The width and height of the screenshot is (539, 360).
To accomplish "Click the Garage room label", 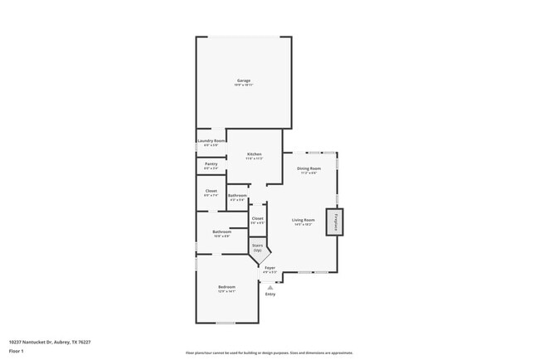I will pyautogui.click(x=244, y=80).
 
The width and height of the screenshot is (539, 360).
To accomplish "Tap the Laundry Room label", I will pyautogui.click(x=211, y=141).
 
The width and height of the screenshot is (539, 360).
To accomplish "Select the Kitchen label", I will pyautogui.click(x=255, y=155).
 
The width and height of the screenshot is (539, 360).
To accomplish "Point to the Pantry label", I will pyautogui.click(x=211, y=164).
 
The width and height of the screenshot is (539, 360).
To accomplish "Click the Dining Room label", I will pyautogui.click(x=308, y=169).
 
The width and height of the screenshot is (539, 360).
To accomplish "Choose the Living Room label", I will pyautogui.click(x=303, y=220).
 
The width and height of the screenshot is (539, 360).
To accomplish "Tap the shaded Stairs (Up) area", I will pyautogui.click(x=258, y=248).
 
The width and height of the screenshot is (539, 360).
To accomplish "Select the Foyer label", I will pyautogui.click(x=269, y=268).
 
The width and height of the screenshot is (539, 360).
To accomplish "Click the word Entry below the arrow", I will pyautogui.click(x=270, y=294).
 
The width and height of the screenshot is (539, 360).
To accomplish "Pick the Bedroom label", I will pyautogui.click(x=226, y=287).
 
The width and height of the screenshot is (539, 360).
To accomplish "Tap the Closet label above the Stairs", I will pyautogui.click(x=258, y=219).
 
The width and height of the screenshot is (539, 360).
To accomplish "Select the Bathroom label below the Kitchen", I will pyautogui.click(x=236, y=196).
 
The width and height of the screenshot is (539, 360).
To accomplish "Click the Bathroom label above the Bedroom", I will pyautogui.click(x=221, y=232).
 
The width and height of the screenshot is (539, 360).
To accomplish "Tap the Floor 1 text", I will pyautogui.click(x=17, y=351).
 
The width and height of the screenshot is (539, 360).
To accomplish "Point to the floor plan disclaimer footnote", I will pyautogui.click(x=269, y=353).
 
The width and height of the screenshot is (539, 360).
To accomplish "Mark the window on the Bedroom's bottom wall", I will pyautogui.click(x=226, y=323).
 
